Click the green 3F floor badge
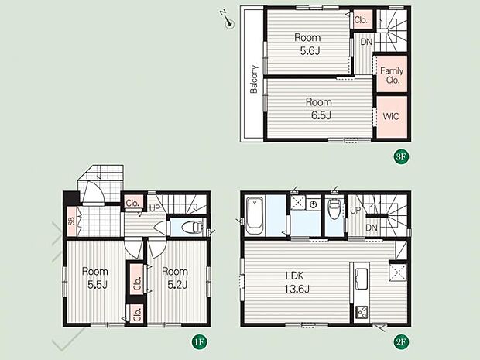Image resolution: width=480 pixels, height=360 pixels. click(x=401, y=156)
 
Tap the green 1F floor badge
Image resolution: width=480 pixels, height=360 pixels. click(x=199, y=341)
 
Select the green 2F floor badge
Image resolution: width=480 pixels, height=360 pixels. click(x=401, y=341)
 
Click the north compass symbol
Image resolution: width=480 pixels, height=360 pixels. click(x=227, y=19)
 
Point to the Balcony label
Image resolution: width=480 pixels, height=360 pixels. click(x=254, y=79)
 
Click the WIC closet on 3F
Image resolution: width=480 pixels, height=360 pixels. click(x=392, y=117)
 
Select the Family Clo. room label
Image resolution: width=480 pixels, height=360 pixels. click(x=392, y=76)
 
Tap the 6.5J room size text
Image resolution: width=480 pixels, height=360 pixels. click(x=321, y=115)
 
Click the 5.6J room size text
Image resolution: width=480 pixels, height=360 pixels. click(x=310, y=51)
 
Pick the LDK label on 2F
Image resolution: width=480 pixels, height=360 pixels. click(x=295, y=276)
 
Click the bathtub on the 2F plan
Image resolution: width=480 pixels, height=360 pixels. click(x=255, y=216)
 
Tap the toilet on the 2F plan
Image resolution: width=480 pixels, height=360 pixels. click(x=334, y=208)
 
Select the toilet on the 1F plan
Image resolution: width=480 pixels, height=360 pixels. click(x=192, y=227)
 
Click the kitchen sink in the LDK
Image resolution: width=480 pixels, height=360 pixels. click(x=362, y=278)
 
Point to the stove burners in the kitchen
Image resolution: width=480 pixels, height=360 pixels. click(x=362, y=312)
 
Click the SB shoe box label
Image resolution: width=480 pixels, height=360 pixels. click(x=72, y=221)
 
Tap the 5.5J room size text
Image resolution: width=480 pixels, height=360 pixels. click(x=98, y=286)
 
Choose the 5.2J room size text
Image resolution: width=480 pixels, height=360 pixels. click(x=177, y=286)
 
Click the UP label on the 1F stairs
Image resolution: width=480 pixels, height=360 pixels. click(x=155, y=208)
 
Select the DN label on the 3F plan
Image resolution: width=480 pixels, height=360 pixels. click(x=366, y=42)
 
